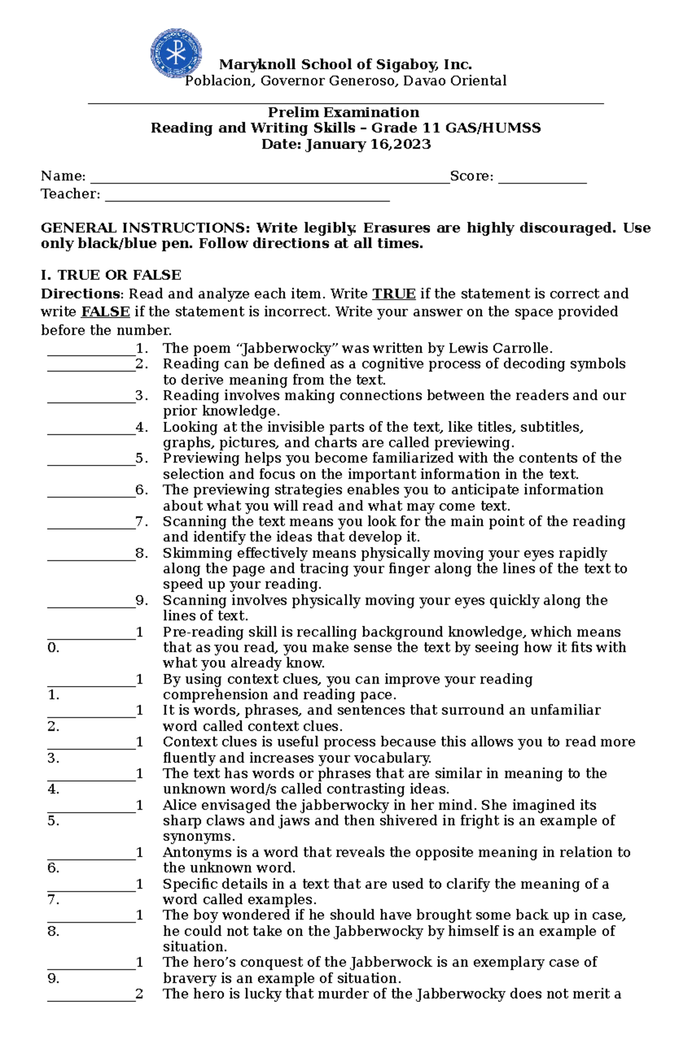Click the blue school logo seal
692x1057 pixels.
176,54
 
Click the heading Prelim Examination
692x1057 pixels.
344,112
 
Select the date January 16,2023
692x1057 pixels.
368,144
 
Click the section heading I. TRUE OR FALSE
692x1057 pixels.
111,275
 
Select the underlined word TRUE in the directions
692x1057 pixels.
394,294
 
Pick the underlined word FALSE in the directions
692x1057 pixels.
106,312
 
